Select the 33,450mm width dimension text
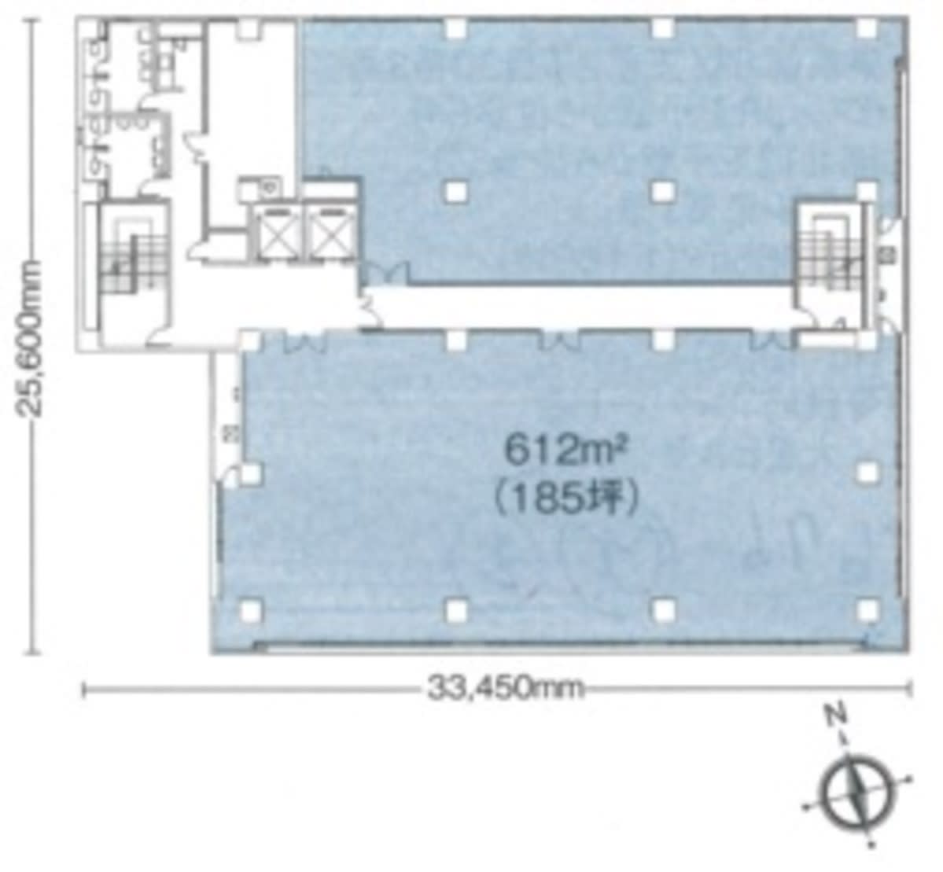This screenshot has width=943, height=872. pyautogui.click(x=505, y=688)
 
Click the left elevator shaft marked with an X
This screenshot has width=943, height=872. pyautogui.click(x=276, y=231)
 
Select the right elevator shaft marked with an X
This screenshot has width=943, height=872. pyautogui.click(x=329, y=231)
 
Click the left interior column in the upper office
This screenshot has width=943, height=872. pyautogui.click(x=456, y=191)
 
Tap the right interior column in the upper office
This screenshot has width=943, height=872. pyautogui.click(x=662, y=191)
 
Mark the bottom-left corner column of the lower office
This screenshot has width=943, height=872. pyautogui.click(x=251, y=611)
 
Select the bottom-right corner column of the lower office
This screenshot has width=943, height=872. pyautogui.click(x=867, y=611)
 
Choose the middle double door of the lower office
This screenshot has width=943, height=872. pyautogui.click(x=559, y=340)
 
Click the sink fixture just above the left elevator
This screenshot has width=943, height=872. pyautogui.click(x=269, y=188)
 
